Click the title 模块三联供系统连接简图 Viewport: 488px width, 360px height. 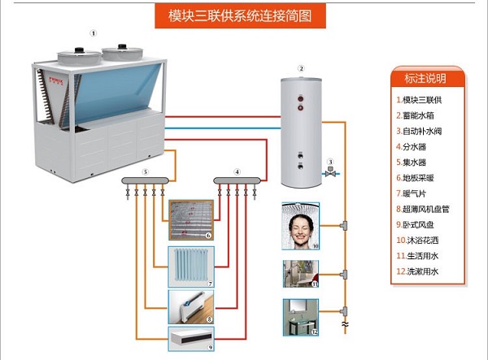pyautogui.click(x=243, y=15)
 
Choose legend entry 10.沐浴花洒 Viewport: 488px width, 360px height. pyautogui.click(x=422, y=241)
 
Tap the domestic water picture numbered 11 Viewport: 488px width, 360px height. pyautogui.click(x=300, y=272)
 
